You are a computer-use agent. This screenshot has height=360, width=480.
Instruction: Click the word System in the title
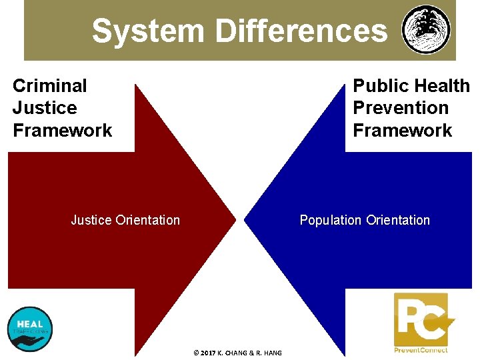coord(148,31)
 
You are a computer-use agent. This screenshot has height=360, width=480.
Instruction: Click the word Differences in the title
coord(301,31)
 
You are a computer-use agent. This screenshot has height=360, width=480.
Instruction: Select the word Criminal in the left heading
coord(50,86)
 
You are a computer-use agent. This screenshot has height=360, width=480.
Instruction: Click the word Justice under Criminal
coord(45,108)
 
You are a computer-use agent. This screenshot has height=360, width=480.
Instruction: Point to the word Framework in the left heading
coord(63,131)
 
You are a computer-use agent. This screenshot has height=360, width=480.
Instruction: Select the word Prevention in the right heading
coord(401,108)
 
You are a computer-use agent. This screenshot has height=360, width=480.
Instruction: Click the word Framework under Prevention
coord(403,131)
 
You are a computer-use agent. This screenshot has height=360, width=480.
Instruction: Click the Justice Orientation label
coord(125,220)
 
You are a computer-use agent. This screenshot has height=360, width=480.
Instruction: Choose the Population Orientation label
coord(365,220)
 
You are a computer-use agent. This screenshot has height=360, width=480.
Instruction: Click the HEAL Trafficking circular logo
coord(29,329)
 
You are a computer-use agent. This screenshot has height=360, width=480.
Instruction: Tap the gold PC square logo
coord(421,320)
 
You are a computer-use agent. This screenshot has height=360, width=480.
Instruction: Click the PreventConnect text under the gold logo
coord(421,350)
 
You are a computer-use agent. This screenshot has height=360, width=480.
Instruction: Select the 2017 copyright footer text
coord(237,353)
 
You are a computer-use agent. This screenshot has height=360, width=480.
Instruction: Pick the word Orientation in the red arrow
coord(148,220)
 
